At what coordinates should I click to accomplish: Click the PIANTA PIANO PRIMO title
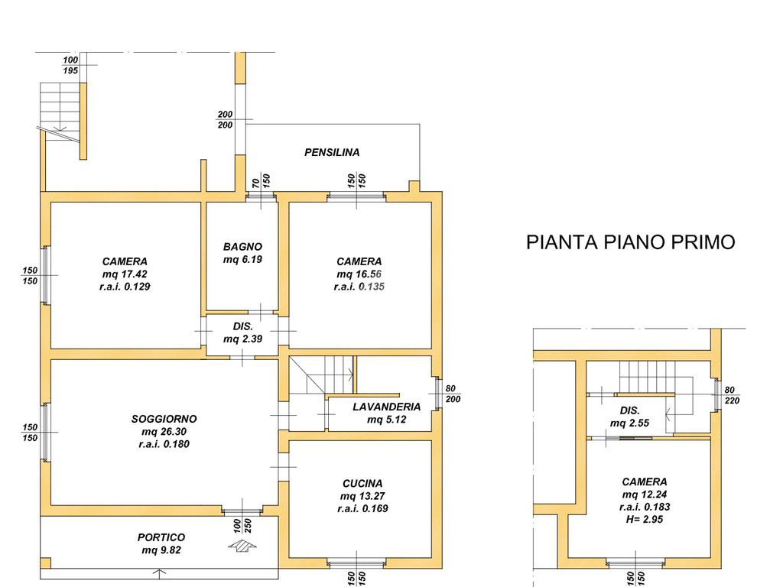tap(631, 242)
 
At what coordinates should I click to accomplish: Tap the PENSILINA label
tap(332, 152)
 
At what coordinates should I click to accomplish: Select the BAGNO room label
tap(242, 247)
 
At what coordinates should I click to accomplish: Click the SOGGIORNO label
tap(164, 419)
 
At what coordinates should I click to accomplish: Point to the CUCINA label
tap(362, 483)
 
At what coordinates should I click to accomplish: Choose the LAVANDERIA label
tap(386, 407)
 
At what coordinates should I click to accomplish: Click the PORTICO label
tap(161, 537)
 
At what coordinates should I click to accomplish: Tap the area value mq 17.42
tap(125, 274)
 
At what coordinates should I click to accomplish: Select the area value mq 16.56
tap(359, 274)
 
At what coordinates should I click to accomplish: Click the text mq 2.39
tap(242, 339)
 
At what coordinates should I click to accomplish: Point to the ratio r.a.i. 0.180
tap(164, 444)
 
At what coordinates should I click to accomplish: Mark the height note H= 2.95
tap(644, 520)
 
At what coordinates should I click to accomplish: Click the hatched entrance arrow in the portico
tap(242, 545)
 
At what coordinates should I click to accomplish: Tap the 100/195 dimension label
tap(70, 66)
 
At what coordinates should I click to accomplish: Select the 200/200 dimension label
tap(226, 120)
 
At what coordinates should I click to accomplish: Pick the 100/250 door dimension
tap(242, 526)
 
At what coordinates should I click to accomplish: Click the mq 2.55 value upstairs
tap(630, 423)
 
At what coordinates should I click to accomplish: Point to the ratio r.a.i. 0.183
tap(645, 508)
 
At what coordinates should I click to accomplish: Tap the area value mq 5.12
tap(386, 420)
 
